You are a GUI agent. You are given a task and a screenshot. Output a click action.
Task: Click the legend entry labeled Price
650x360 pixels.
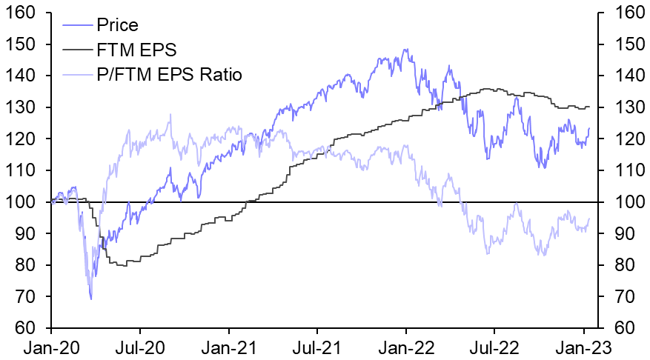[x=117, y=25]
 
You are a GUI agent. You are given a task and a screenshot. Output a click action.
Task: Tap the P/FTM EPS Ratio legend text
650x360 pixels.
[x=169, y=75]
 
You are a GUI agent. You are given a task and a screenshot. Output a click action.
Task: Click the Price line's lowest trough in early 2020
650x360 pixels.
[x=91, y=299]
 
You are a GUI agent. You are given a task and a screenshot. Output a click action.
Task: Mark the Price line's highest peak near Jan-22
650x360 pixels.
[x=405, y=50]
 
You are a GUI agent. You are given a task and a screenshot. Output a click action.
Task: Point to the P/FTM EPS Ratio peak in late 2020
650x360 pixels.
[x=170, y=114]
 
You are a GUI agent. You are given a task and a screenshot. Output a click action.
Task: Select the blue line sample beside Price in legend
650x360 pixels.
[x=76, y=26]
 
